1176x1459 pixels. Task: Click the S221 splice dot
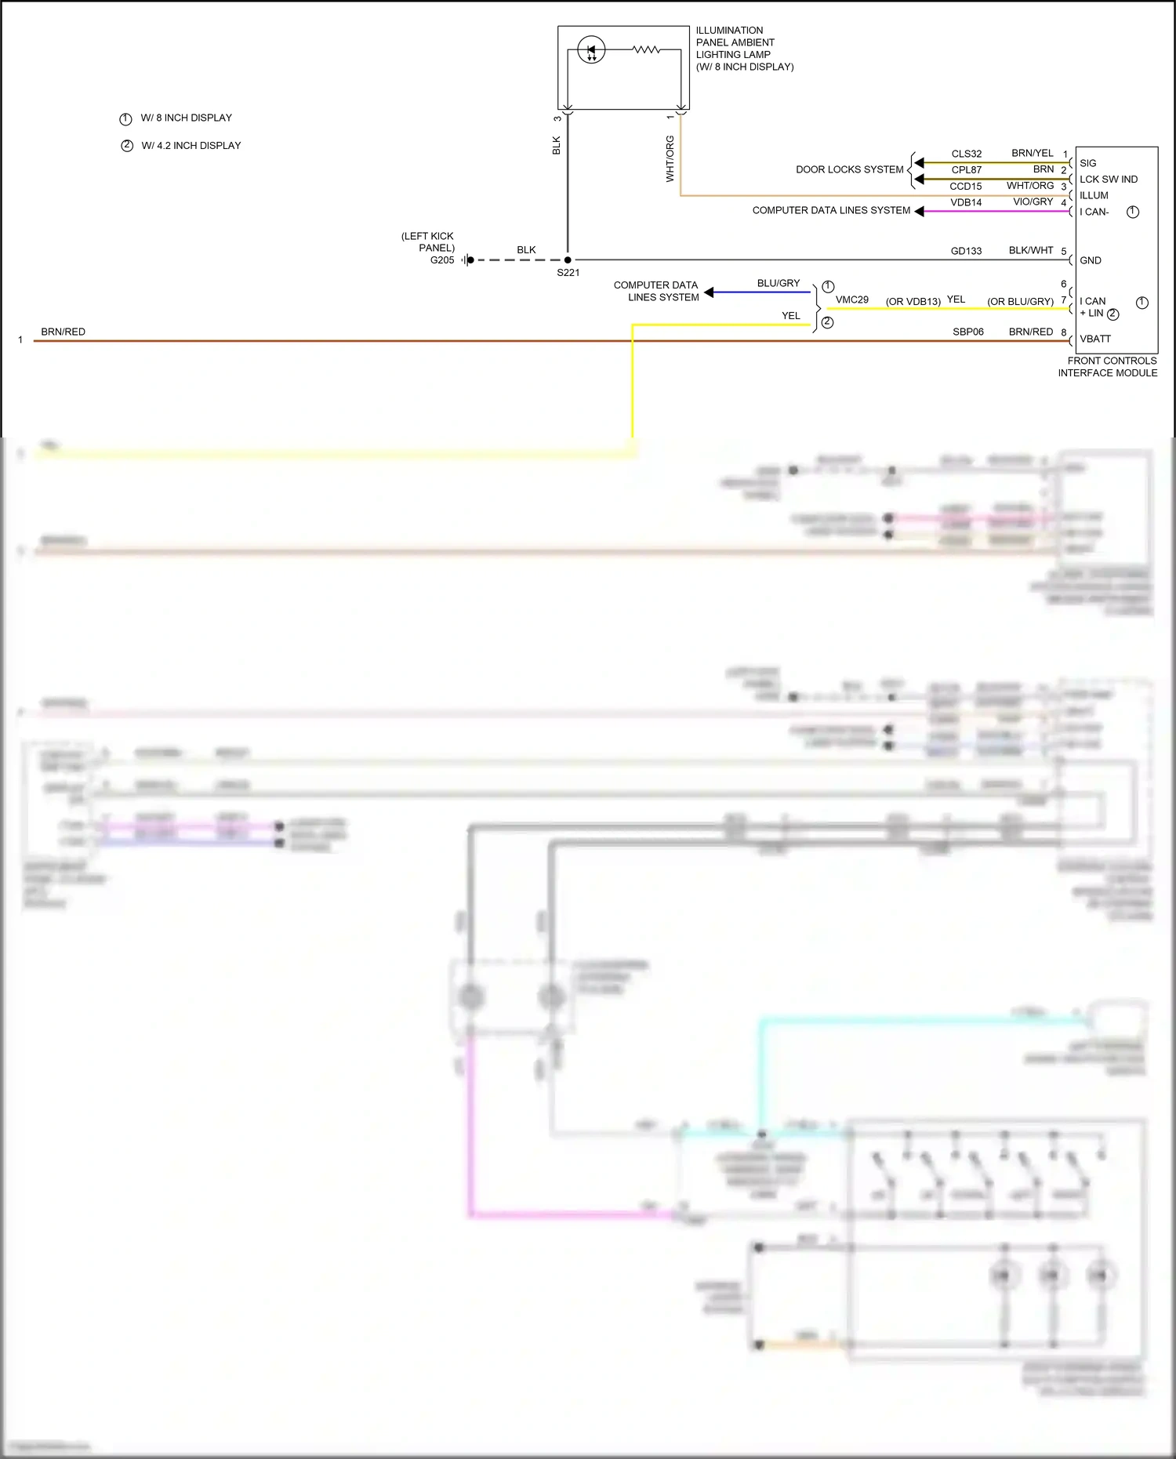pyautogui.click(x=568, y=259)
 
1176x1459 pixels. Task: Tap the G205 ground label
pyautogui.click(x=442, y=260)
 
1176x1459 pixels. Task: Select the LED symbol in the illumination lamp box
pyautogui.click(x=591, y=50)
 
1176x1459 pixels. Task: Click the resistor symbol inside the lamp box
pyautogui.click(x=646, y=49)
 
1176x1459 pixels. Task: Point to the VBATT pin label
pyautogui.click(x=1095, y=339)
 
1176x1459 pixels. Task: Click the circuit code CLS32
pyautogui.click(x=966, y=154)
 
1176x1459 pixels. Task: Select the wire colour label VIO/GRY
pyautogui.click(x=1033, y=202)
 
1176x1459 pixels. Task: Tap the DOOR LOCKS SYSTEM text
pyautogui.click(x=849, y=169)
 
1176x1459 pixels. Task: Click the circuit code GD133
pyautogui.click(x=966, y=251)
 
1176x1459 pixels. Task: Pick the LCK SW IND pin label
pyautogui.click(x=1108, y=180)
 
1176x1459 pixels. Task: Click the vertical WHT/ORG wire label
pyautogui.click(x=670, y=158)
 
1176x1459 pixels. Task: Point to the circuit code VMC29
pyautogui.click(x=851, y=299)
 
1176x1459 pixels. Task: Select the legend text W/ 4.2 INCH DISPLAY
pyautogui.click(x=191, y=146)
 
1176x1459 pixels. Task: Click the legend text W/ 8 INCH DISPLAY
pyautogui.click(x=186, y=118)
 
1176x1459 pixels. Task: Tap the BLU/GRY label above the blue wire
pyautogui.click(x=778, y=283)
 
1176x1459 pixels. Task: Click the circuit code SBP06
pyautogui.click(x=967, y=332)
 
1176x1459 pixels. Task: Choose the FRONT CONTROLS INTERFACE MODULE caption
pyautogui.click(x=1107, y=367)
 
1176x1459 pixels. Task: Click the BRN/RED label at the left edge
pyautogui.click(x=63, y=332)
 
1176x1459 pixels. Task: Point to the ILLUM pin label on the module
pyautogui.click(x=1094, y=195)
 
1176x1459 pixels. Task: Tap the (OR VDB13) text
pyautogui.click(x=913, y=301)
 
